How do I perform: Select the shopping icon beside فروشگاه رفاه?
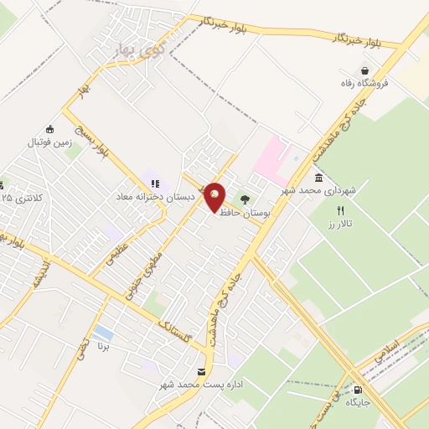tap(364, 70)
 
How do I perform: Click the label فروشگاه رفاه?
tap(365, 84)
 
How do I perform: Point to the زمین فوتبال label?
tap(50, 142)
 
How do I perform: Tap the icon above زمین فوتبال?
tap(50, 128)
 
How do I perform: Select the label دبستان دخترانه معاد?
tap(156, 196)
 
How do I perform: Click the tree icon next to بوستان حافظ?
tap(246, 199)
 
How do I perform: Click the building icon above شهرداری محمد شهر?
tap(319, 178)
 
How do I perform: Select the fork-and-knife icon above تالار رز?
tap(340, 210)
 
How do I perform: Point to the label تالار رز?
tap(341, 225)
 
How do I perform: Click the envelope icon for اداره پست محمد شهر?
tap(201, 371)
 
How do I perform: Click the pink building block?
tap(271, 157)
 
